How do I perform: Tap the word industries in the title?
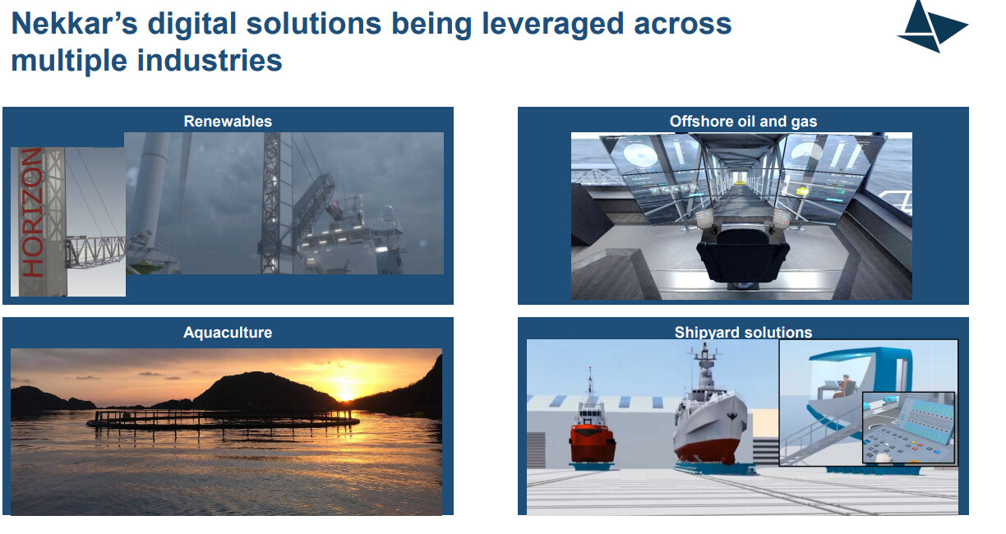tap(210, 60)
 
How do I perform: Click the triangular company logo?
tap(933, 26)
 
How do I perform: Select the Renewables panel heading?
tap(228, 121)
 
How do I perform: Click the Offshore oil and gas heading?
tap(743, 121)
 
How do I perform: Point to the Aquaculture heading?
tap(228, 333)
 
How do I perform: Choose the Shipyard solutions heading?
tap(743, 333)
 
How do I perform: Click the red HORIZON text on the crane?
tap(32, 212)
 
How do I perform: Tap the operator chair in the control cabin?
tap(742, 256)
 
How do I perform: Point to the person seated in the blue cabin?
tap(842, 386)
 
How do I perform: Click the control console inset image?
tap(908, 428)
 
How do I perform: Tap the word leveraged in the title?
tap(553, 24)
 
